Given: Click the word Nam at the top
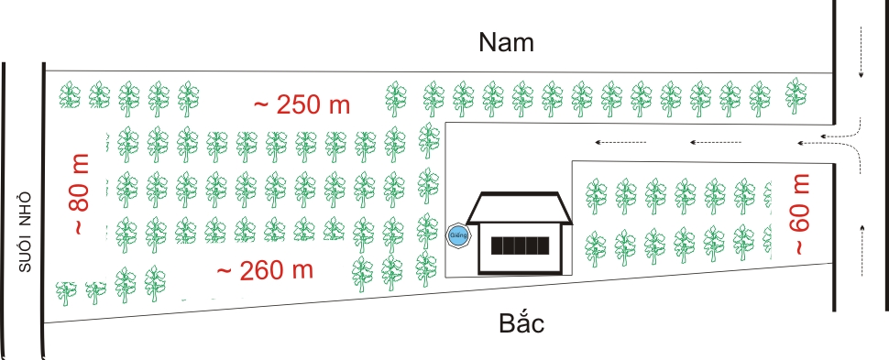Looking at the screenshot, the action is point(506,42).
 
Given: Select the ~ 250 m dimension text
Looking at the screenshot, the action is point(302,104).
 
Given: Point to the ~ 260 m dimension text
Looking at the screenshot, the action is point(265,270).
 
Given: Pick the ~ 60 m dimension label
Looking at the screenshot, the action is point(800,214).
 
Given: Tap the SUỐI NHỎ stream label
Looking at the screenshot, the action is point(25,233).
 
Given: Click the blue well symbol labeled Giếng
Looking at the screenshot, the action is point(457,235).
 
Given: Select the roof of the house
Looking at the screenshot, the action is point(519,208).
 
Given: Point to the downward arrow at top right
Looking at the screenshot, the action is point(861,51).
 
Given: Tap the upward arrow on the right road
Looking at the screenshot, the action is point(862,250).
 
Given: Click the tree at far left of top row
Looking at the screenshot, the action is point(70,95).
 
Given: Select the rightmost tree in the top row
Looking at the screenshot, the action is point(796,95).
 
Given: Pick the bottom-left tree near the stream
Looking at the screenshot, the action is point(66,292).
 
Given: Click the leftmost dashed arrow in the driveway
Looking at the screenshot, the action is point(620,142).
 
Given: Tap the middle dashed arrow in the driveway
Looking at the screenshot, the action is point(716,142).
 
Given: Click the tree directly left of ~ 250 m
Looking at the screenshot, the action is point(188,99).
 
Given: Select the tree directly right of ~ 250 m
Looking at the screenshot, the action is point(395,99).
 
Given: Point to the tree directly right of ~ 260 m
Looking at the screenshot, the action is point(362,274).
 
